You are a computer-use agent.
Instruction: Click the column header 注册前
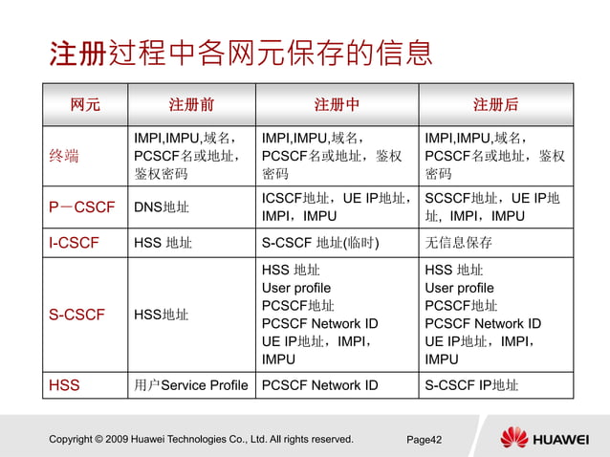[x=191, y=104]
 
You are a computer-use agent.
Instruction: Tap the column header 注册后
[x=495, y=104]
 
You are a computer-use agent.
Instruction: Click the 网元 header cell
[x=85, y=104]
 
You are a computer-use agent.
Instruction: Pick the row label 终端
[x=64, y=156]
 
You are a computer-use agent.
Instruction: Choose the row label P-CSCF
[x=81, y=207]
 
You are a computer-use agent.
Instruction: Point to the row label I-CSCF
[x=74, y=243]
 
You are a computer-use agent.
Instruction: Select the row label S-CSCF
[x=76, y=315]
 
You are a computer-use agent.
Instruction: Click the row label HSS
[x=64, y=386]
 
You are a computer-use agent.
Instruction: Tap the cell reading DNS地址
[x=162, y=207]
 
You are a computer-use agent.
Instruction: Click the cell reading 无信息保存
[x=458, y=243]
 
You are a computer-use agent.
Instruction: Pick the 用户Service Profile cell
[x=191, y=386]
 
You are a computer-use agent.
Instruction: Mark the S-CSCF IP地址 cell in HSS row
[x=471, y=386]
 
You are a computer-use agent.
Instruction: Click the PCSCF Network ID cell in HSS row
[x=319, y=386]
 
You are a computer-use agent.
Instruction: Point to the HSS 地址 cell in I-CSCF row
[x=163, y=243]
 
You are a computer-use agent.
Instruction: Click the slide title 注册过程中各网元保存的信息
[x=241, y=54]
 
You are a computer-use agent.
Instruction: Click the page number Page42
[x=424, y=440]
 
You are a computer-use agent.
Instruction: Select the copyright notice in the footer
[x=201, y=440]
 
